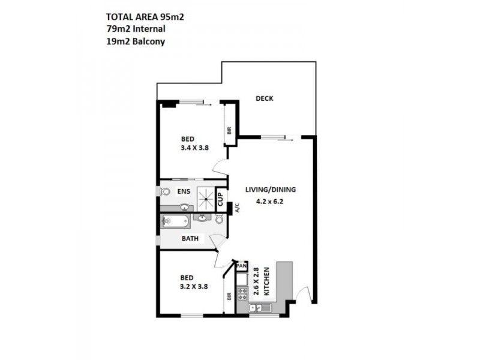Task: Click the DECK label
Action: click(x=264, y=98)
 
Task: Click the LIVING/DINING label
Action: click(x=270, y=190)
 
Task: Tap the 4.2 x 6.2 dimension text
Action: click(x=270, y=202)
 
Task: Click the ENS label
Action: click(x=184, y=191)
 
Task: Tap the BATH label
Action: click(x=191, y=239)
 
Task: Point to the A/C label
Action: click(x=237, y=208)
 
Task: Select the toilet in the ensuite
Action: click(x=164, y=192)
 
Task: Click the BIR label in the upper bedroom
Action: click(x=229, y=130)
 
